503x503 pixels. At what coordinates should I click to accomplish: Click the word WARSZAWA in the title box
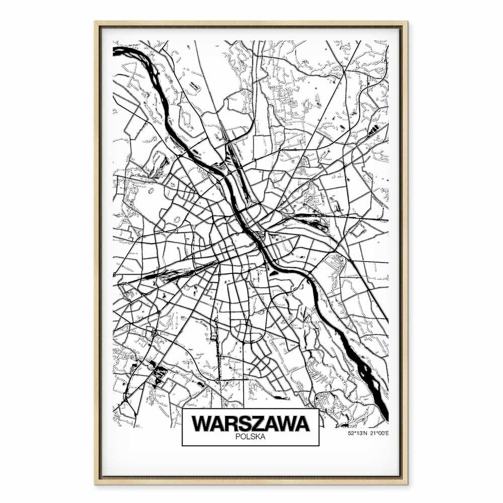coord(250,424)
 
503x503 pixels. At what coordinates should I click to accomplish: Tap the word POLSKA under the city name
coord(250,437)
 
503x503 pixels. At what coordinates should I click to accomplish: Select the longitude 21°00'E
coord(379,433)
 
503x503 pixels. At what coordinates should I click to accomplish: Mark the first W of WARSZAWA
coord(201,424)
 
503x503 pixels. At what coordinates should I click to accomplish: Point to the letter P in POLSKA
coord(237,437)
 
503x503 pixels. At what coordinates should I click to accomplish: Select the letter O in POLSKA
coord(242,437)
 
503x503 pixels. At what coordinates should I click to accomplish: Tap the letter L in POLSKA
coord(248,437)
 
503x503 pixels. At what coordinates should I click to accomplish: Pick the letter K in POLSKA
coord(258,437)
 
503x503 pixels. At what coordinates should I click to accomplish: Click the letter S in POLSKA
coord(253,437)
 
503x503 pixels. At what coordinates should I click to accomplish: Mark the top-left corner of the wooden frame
coord(96,22)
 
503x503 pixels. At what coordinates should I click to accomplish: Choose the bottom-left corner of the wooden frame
coord(96,483)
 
